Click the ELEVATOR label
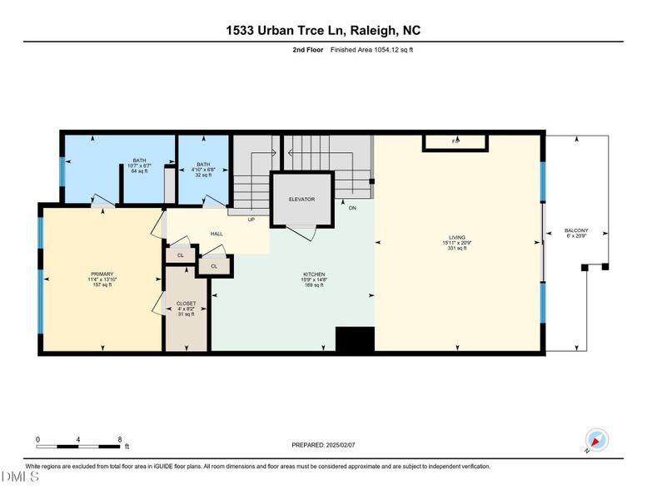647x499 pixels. tap(301, 200)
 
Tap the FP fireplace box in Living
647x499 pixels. tap(455, 142)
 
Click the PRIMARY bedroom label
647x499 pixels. tap(102, 273)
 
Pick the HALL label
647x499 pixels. tap(216, 234)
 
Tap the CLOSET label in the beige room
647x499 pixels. tap(186, 304)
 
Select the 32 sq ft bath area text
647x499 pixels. tap(204, 175)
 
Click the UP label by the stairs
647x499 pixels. tap(251, 220)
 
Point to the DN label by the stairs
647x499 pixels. tap(352, 207)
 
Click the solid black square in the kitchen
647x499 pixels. tap(355, 339)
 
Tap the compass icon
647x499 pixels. tap(597, 442)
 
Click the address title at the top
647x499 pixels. tap(323, 30)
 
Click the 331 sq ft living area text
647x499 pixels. tap(457, 248)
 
